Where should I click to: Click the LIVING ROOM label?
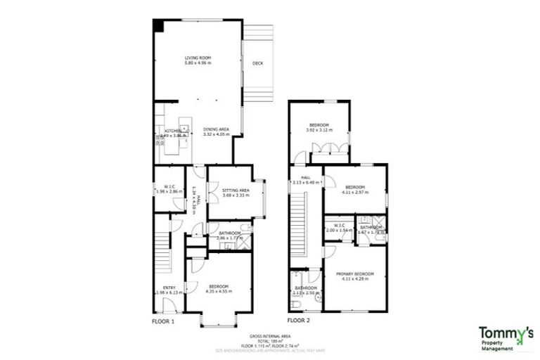click(x=198, y=58)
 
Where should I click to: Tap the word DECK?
click(x=257, y=63)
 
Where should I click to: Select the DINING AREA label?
click(x=217, y=129)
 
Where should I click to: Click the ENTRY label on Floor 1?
click(x=169, y=288)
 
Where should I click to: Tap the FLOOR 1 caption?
click(x=163, y=321)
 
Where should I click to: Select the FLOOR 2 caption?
click(x=298, y=321)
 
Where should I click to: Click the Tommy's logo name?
click(x=506, y=332)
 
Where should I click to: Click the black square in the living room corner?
click(x=159, y=25)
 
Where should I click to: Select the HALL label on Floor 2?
click(x=306, y=178)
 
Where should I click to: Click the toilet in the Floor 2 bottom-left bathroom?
click(x=296, y=303)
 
